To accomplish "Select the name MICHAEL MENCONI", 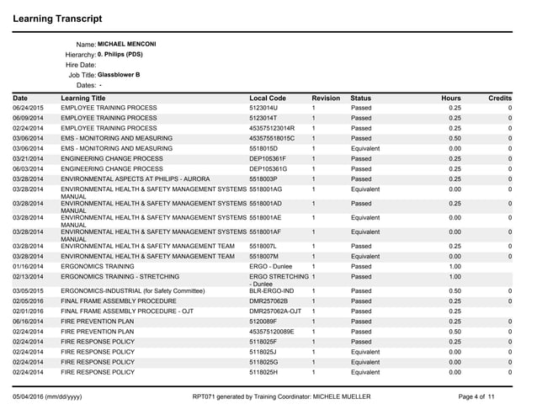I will click(127, 43).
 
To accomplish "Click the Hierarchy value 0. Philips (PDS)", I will click(120, 54).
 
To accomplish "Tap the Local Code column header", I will click(268, 98).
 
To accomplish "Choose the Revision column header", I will click(325, 98).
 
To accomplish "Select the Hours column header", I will click(451, 98).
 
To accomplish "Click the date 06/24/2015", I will click(28, 109).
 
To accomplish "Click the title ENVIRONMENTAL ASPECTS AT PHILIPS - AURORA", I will click(146, 178).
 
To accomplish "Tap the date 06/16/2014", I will click(28, 321).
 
